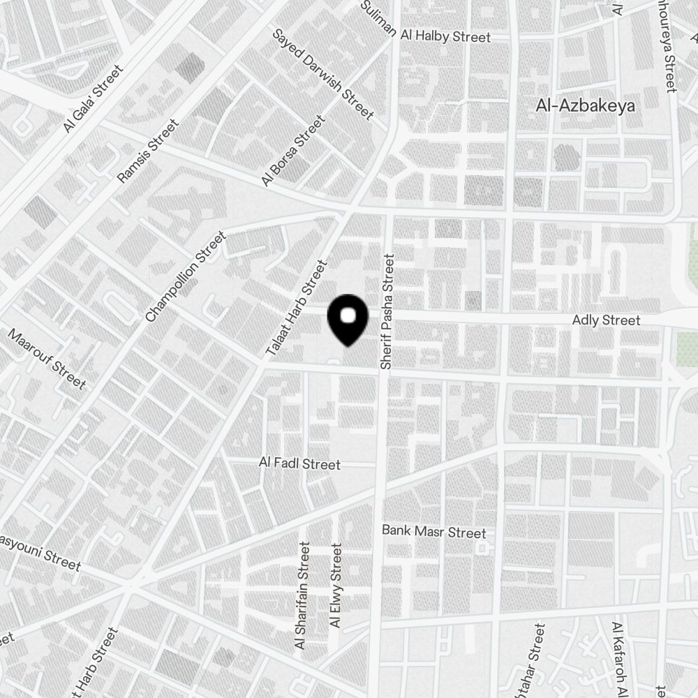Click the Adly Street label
605,320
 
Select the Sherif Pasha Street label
389,311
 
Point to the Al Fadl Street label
299,464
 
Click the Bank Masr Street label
433,533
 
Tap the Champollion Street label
186,276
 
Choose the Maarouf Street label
47,359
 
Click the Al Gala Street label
92,98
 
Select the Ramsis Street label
149,151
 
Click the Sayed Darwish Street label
323,74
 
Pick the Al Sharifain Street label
302,597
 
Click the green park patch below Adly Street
687,347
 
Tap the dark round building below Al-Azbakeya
566,157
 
